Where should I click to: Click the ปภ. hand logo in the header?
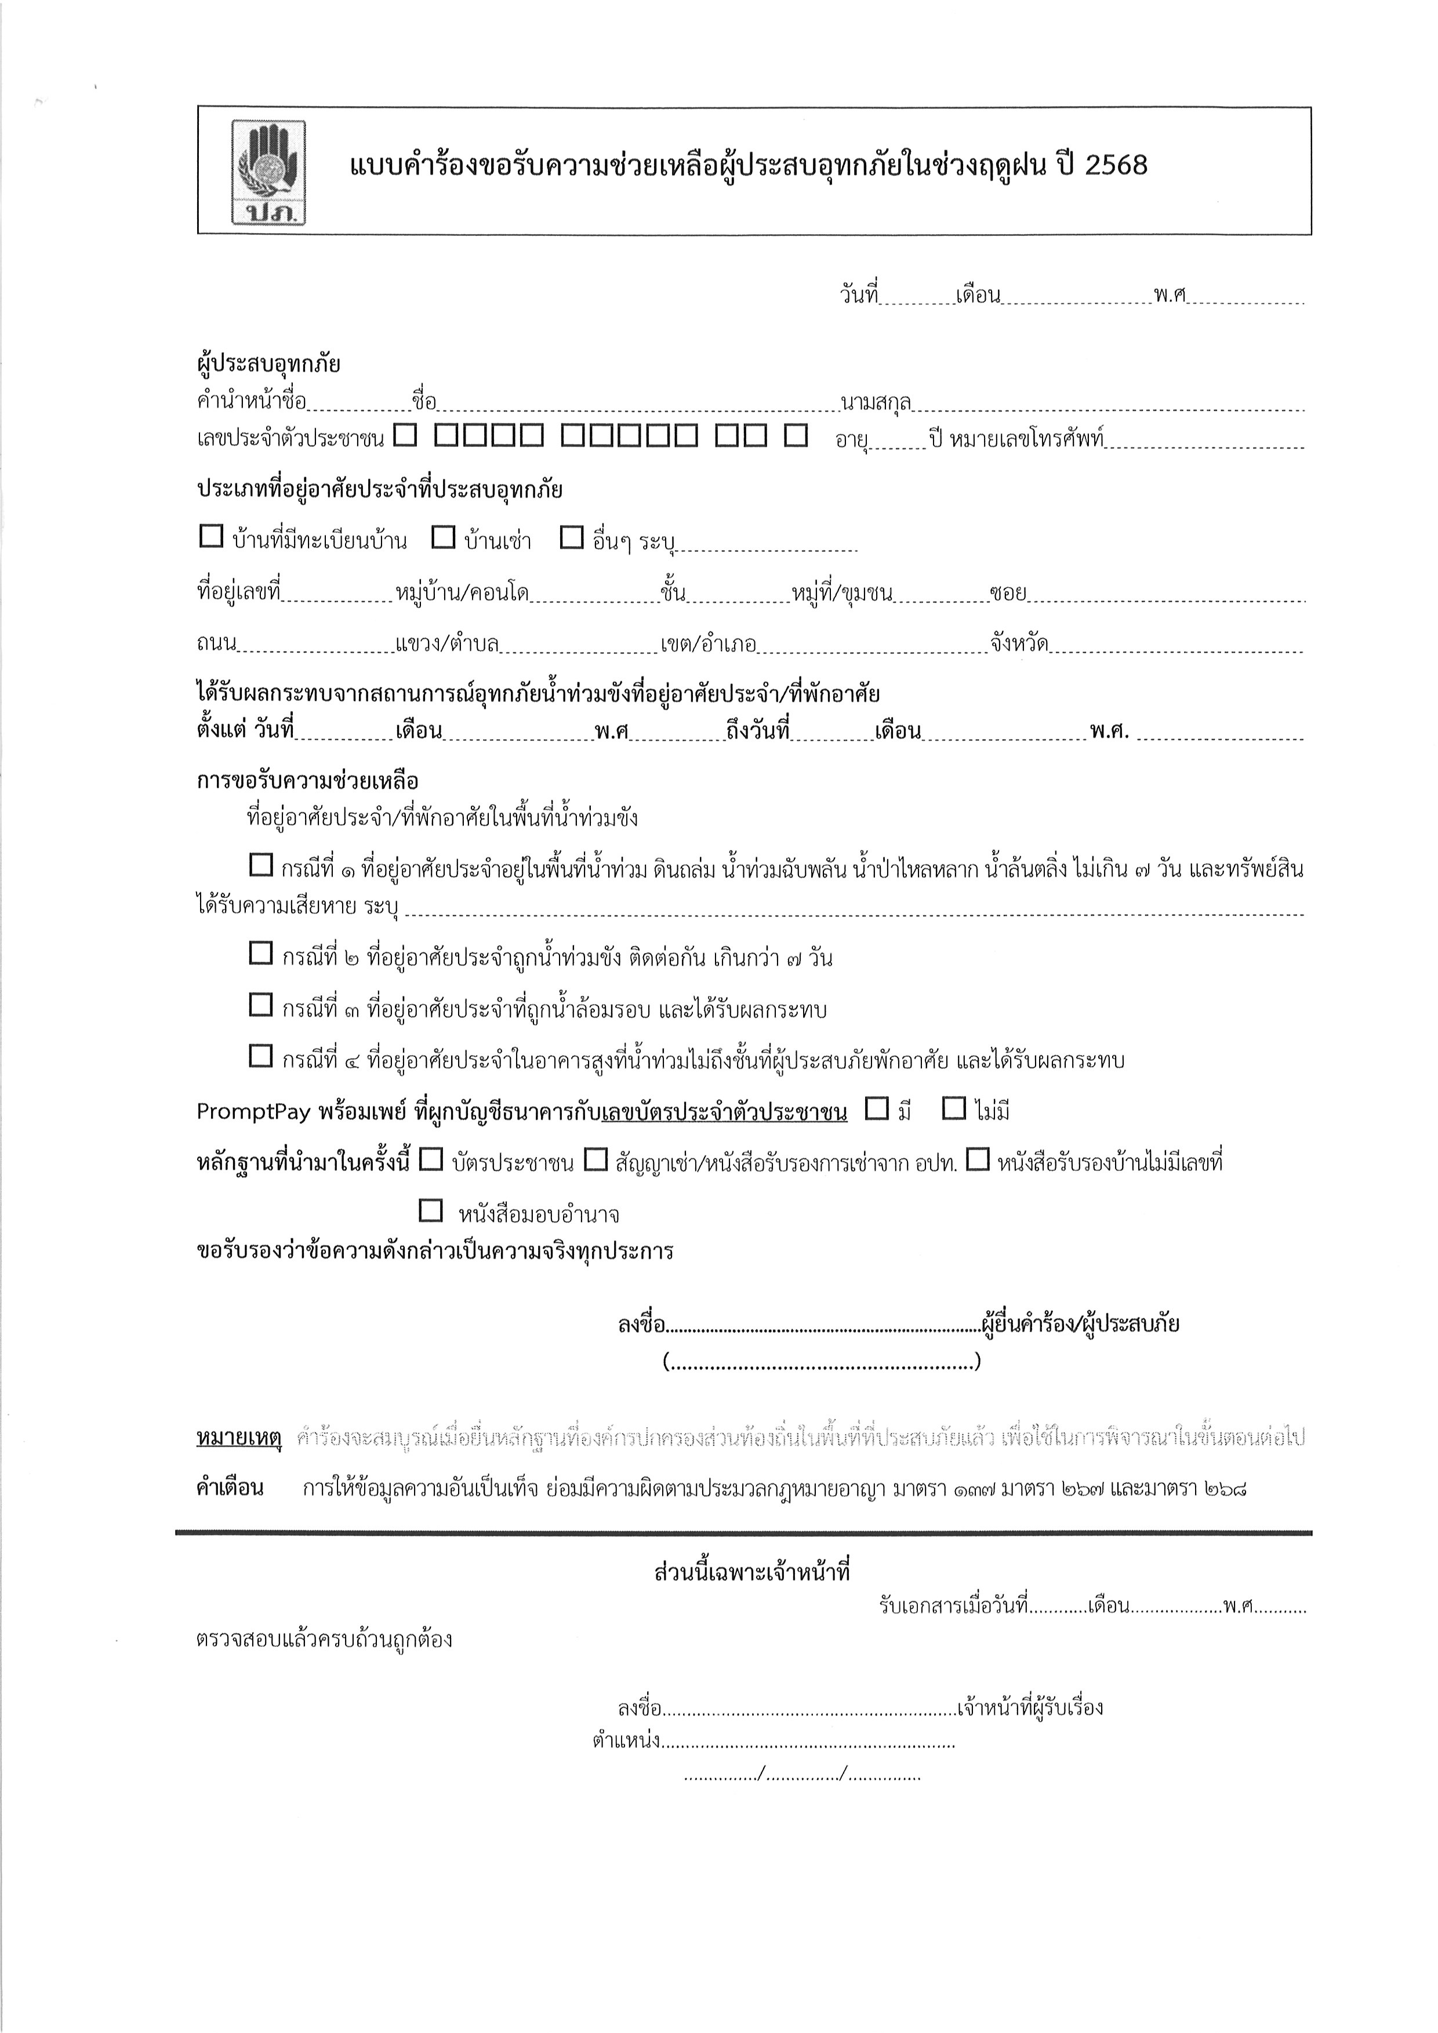(268, 171)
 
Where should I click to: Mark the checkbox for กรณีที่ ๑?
(260, 865)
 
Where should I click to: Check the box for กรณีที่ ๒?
(260, 954)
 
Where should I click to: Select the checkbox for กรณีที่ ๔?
(260, 1056)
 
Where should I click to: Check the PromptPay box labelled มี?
(876, 1108)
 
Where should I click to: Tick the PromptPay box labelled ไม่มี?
(954, 1108)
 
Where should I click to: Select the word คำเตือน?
(230, 1488)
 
